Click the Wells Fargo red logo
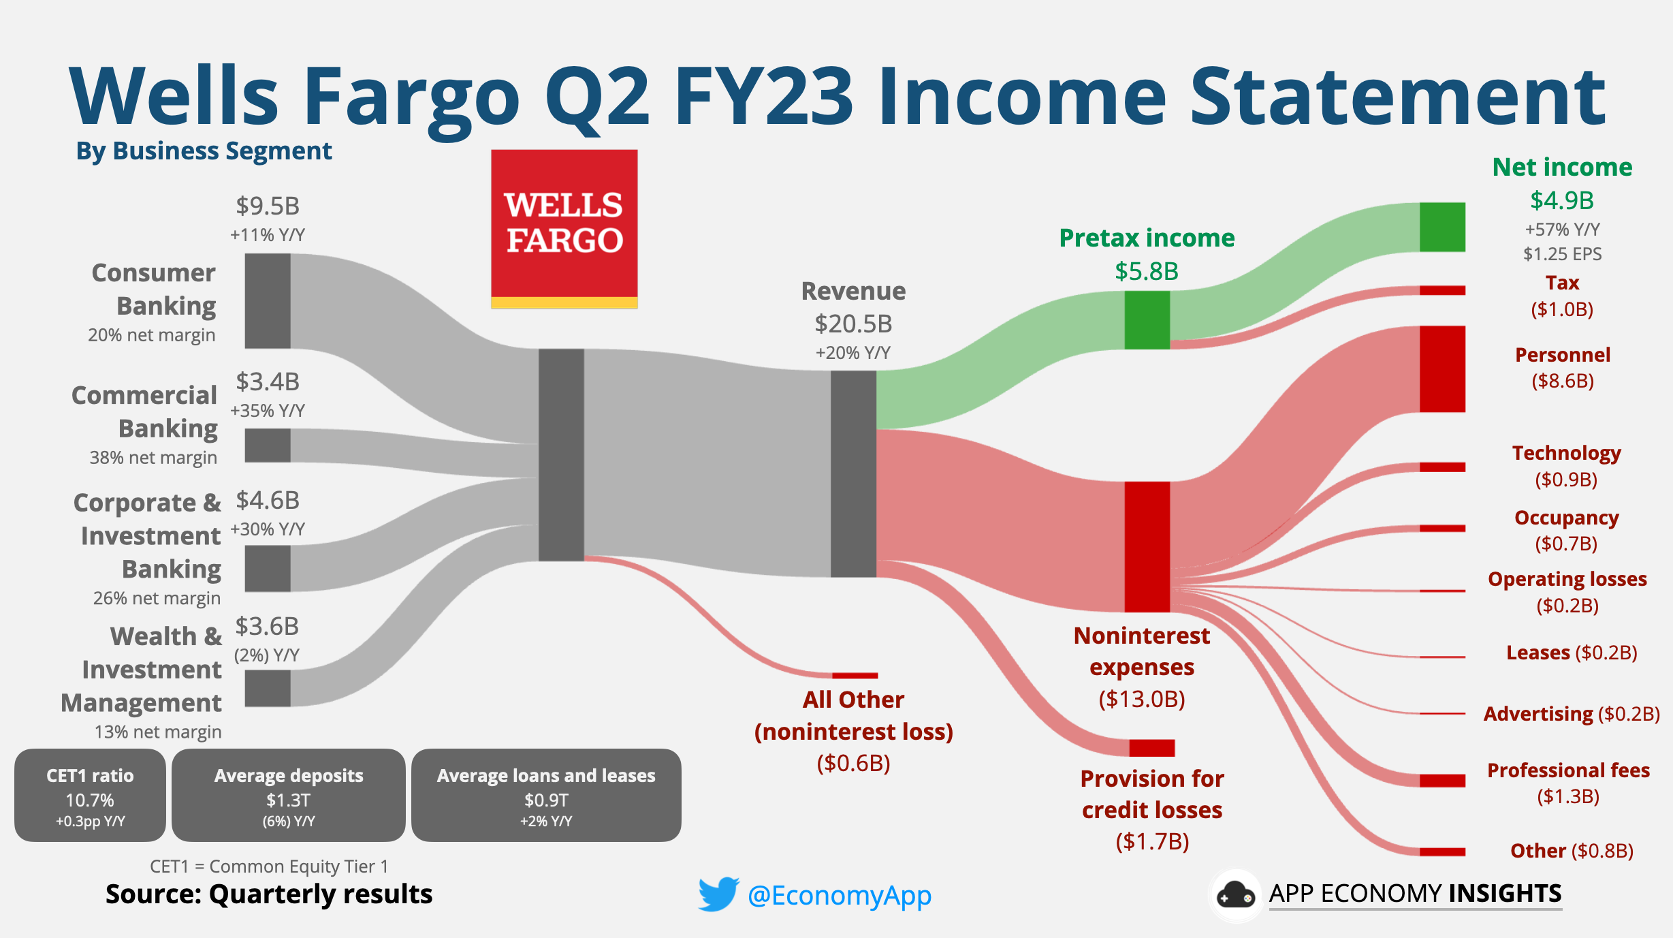tap(564, 228)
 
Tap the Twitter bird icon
tap(718, 894)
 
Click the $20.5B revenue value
tap(853, 324)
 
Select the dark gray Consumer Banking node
tap(268, 300)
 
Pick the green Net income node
tap(1441, 227)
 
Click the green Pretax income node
tap(1147, 319)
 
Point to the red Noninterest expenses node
tap(1147, 546)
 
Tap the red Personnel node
tap(1441, 369)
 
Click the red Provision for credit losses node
tap(1151, 747)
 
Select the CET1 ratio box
tap(90, 795)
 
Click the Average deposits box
tap(289, 795)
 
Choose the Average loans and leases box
tap(546, 795)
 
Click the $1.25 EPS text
tap(1562, 254)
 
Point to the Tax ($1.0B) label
tap(1562, 296)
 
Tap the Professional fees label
tap(1568, 770)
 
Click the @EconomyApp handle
tap(839, 895)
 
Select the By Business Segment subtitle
tap(204, 151)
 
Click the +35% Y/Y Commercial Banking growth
tap(268, 411)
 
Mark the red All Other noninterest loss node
tap(855, 675)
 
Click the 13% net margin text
tap(158, 732)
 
